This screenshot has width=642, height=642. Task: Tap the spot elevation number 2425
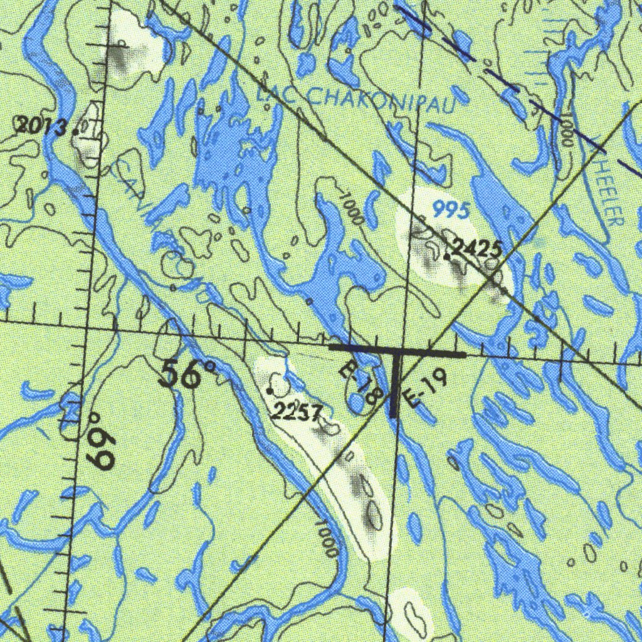pyautogui.click(x=478, y=249)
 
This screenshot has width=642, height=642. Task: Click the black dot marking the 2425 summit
pyautogui.click(x=446, y=256)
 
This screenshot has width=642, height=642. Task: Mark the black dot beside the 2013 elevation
pyautogui.click(x=76, y=132)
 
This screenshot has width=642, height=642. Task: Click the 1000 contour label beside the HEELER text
pyautogui.click(x=566, y=130)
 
